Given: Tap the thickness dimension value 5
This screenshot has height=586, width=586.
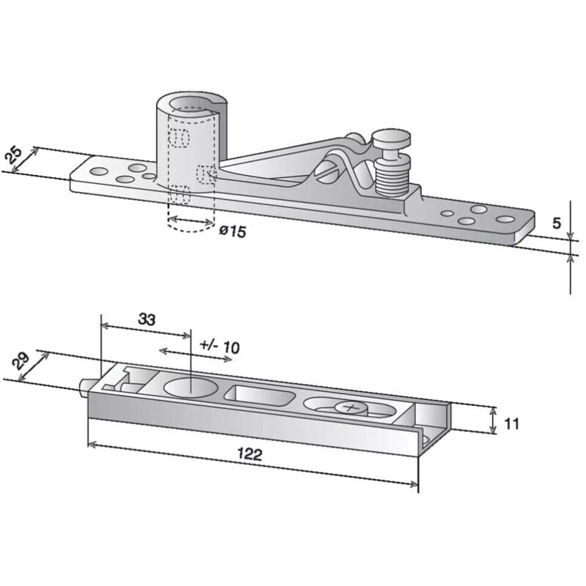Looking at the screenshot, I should (557, 223).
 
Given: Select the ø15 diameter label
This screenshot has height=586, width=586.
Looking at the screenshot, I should (232, 231).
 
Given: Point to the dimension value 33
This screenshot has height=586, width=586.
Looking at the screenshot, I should (146, 319).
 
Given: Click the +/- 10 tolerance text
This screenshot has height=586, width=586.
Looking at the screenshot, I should (219, 346).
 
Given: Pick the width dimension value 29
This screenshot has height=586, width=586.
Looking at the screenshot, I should (21, 360).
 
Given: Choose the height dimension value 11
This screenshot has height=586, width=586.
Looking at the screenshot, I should (512, 423).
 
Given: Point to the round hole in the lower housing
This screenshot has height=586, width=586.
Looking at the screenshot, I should (188, 388).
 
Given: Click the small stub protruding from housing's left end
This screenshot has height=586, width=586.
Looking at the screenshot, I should (84, 385).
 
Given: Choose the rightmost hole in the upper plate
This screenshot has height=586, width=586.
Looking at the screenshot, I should (505, 219).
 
